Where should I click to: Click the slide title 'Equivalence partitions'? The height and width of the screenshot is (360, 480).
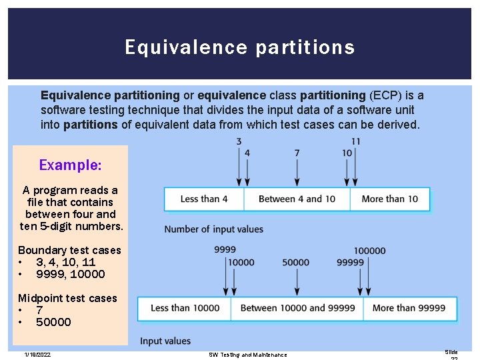click(x=239, y=47)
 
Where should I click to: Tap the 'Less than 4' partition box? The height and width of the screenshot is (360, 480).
click(x=204, y=199)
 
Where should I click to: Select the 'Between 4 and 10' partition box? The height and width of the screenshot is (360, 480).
click(x=297, y=199)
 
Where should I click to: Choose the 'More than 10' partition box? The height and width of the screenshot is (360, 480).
click(x=390, y=199)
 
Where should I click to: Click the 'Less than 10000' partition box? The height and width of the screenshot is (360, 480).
click(x=185, y=308)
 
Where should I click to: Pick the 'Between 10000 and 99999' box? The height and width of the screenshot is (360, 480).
click(x=297, y=308)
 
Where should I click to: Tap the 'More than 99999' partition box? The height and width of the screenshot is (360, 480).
click(x=409, y=308)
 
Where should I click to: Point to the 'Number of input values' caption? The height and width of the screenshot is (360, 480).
click(x=214, y=229)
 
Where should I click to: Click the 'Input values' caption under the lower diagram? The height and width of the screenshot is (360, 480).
click(x=165, y=341)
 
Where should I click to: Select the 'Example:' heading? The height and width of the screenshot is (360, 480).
click(x=70, y=165)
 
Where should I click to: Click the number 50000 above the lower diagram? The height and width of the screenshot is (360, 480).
click(x=296, y=263)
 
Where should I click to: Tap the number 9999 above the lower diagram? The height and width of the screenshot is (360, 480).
click(x=225, y=250)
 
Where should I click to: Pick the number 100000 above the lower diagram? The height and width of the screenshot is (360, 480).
click(x=369, y=251)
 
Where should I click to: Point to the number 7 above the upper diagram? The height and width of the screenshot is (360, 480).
click(x=297, y=153)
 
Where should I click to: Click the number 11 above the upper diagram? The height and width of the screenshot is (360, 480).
click(x=355, y=141)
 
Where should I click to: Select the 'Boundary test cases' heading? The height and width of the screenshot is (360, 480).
click(x=69, y=250)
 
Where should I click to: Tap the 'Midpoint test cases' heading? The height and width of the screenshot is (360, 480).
click(x=67, y=298)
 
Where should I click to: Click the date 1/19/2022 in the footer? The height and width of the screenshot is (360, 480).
click(x=37, y=354)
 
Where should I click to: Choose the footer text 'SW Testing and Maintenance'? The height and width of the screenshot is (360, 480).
click(x=248, y=355)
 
